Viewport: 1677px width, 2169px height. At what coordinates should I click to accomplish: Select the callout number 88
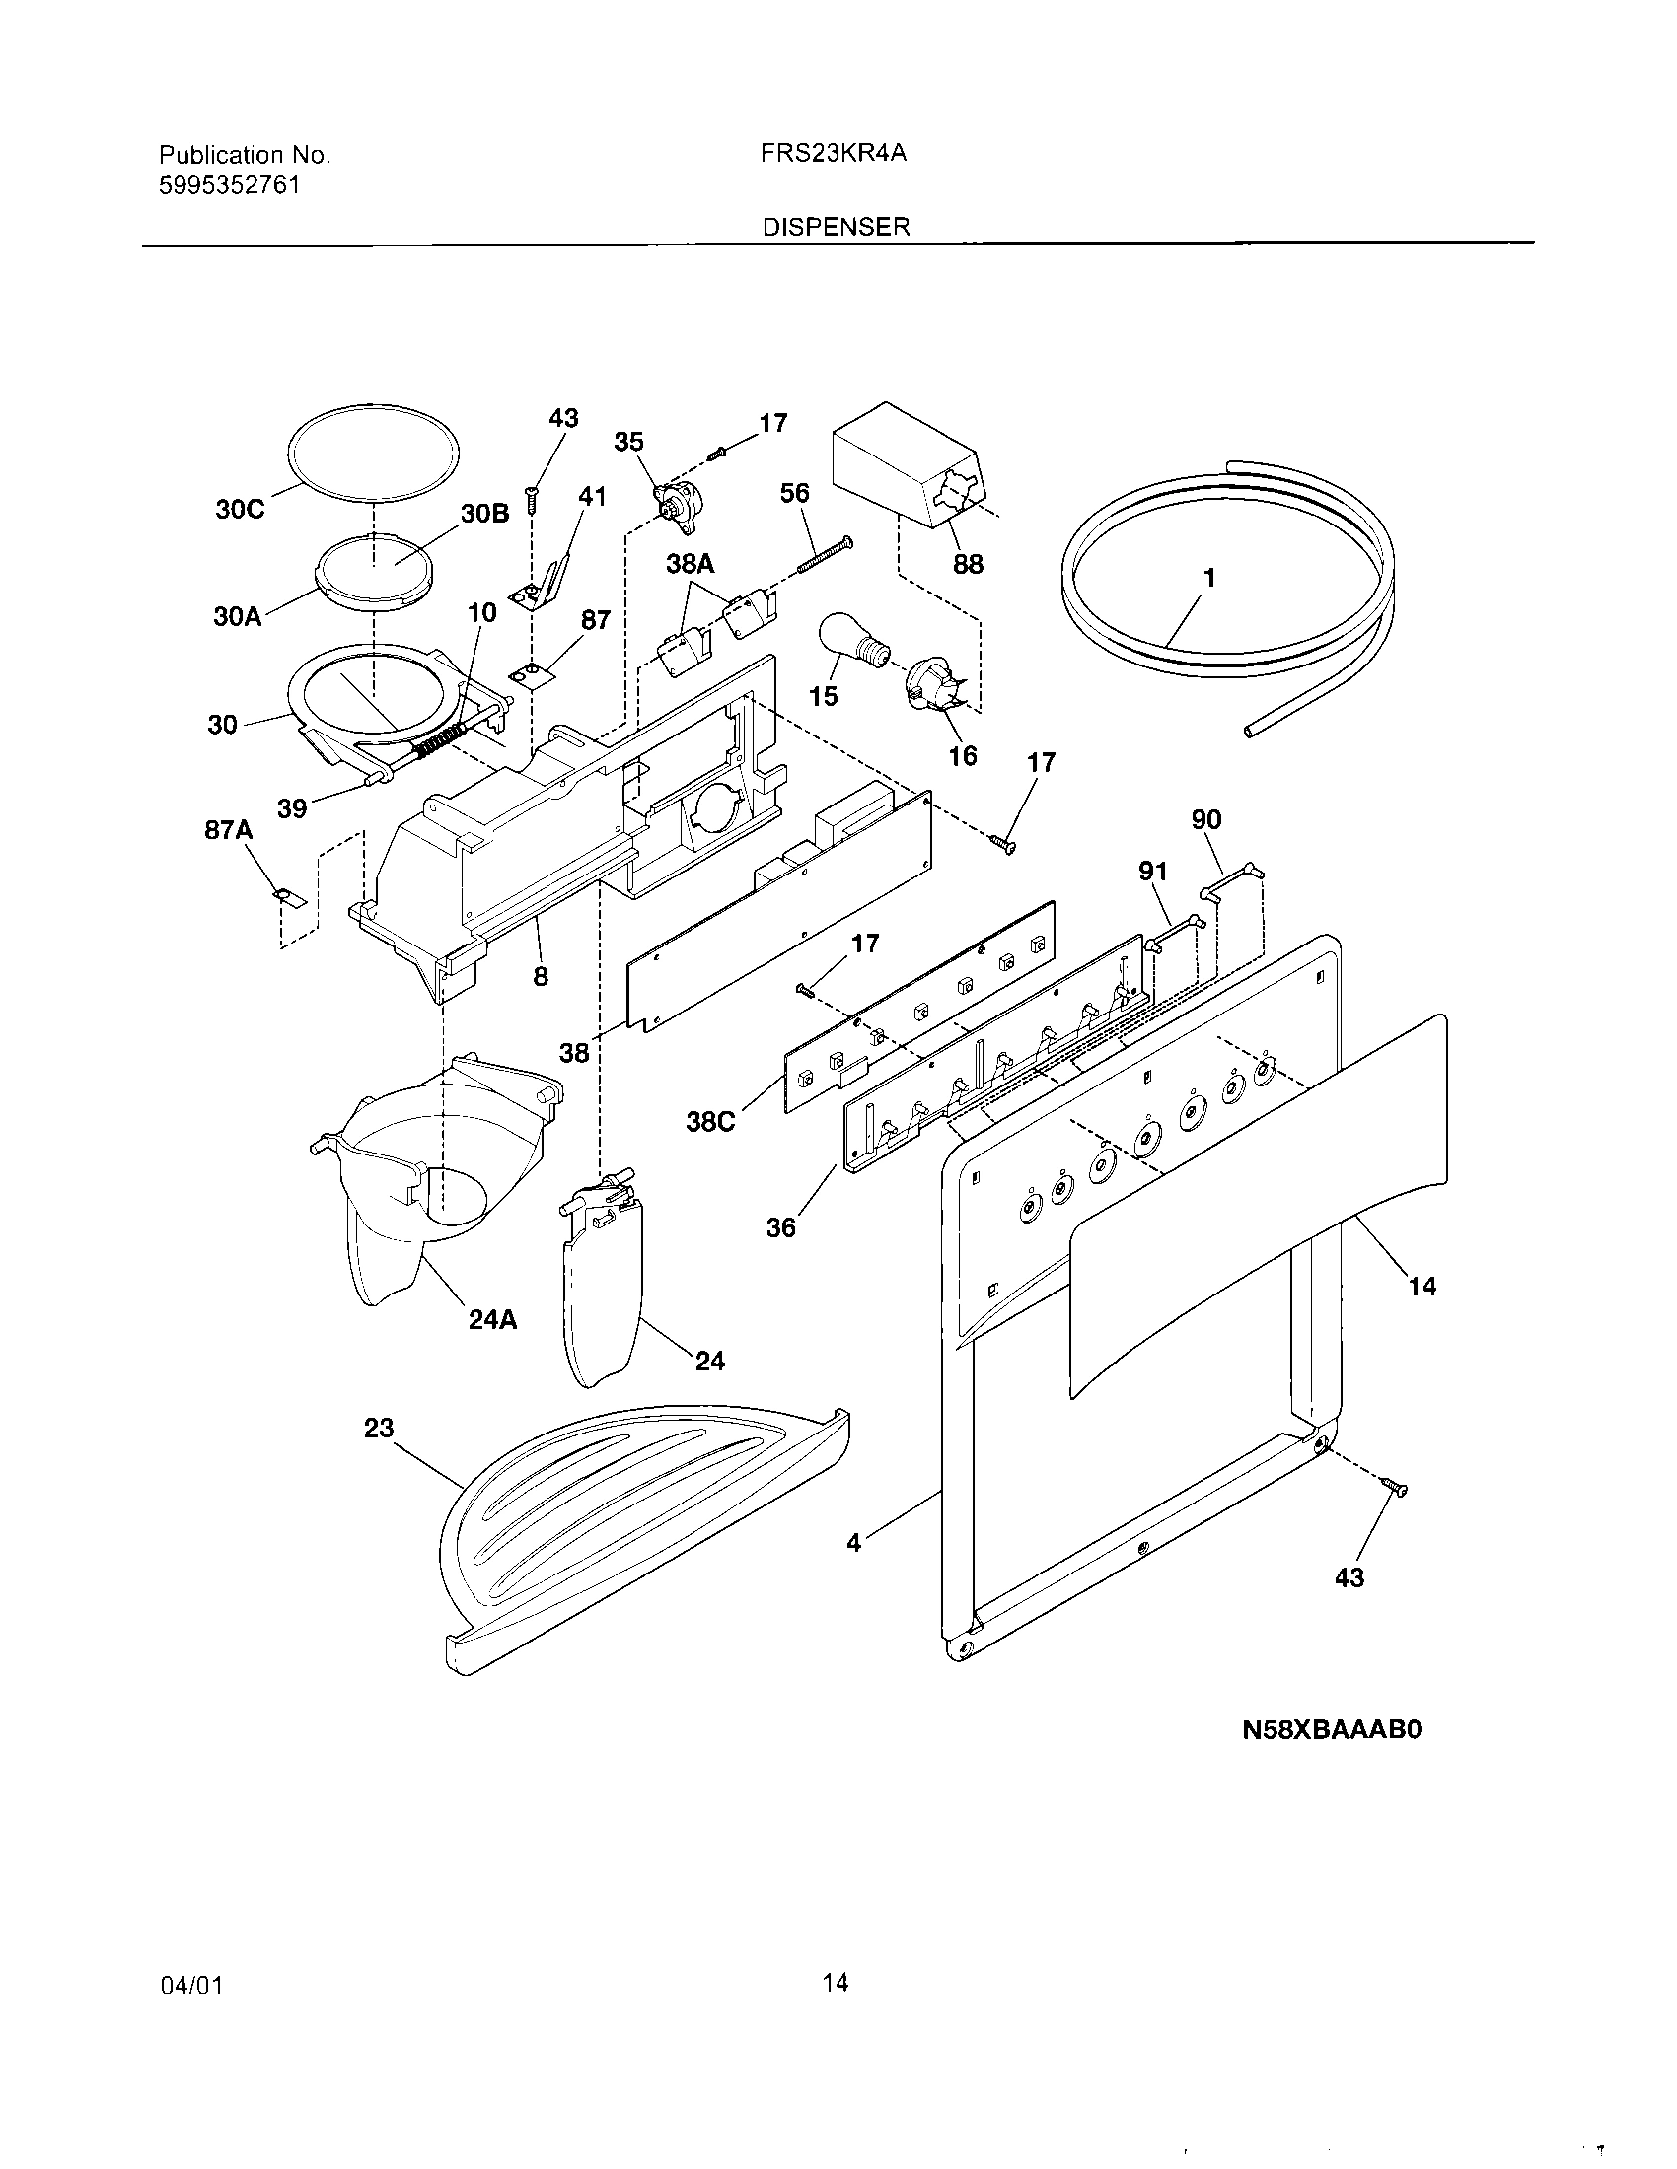(967, 564)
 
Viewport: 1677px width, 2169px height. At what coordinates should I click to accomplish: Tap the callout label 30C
(240, 510)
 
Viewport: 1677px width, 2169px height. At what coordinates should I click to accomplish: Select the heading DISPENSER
(836, 227)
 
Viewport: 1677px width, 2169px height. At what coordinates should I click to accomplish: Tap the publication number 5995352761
(229, 185)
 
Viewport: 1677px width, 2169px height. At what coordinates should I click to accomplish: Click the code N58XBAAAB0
(1333, 1730)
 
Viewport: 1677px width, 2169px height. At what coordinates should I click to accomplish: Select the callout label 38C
(711, 1123)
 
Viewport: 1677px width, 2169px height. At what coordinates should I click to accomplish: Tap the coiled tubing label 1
(1209, 577)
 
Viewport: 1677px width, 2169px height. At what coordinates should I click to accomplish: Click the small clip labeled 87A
(287, 897)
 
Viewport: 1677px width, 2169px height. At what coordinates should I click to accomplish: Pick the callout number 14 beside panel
(1422, 1286)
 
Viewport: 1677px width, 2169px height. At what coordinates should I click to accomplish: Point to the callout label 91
(1152, 872)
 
